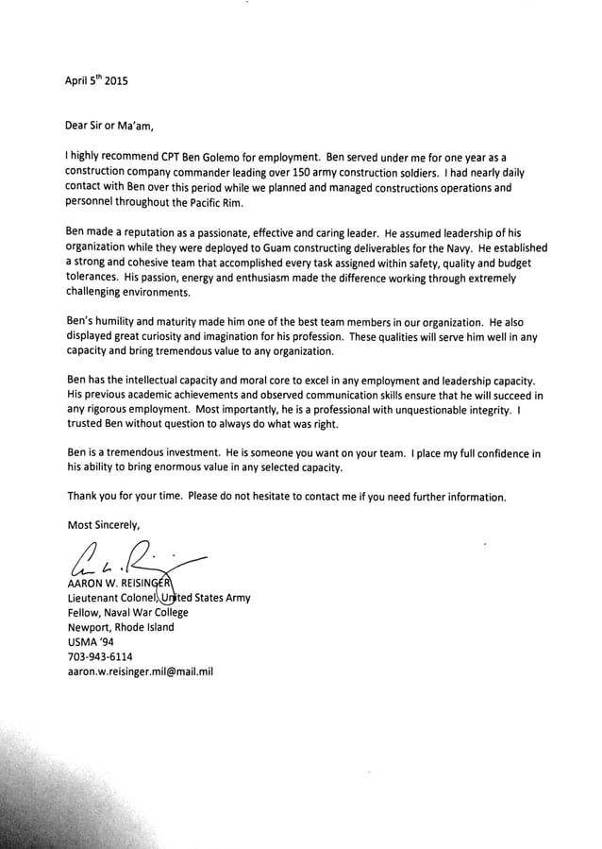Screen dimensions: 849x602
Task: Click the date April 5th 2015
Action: pyautogui.click(x=95, y=80)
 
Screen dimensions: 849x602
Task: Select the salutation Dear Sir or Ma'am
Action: pyautogui.click(x=108, y=125)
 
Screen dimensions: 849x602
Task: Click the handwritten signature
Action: pyautogui.click(x=132, y=560)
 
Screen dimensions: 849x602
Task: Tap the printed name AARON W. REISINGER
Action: pyautogui.click(x=118, y=583)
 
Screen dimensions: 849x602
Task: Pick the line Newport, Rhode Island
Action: pyautogui.click(x=121, y=627)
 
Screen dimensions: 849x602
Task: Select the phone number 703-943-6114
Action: pyautogui.click(x=100, y=656)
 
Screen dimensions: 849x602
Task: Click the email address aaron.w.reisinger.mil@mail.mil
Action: pyautogui.click(x=141, y=671)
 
